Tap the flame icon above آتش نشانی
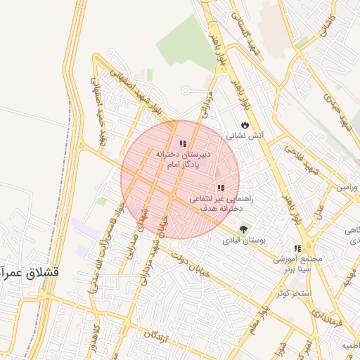coord(244,124)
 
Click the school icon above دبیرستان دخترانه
coord(183,143)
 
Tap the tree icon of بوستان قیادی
coord(244,229)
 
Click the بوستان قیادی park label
coord(245,240)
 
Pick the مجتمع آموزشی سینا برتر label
coord(298,264)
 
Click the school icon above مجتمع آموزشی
coord(297,248)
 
